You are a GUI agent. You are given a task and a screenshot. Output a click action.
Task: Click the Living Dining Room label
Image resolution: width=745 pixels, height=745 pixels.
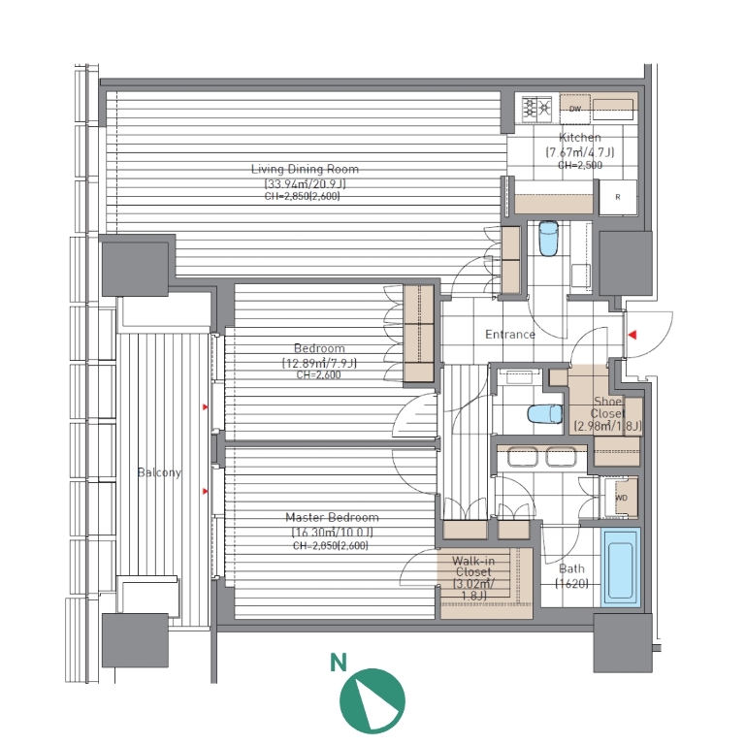point(305,169)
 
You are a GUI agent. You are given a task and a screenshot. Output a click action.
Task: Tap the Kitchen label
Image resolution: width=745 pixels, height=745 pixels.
point(580,138)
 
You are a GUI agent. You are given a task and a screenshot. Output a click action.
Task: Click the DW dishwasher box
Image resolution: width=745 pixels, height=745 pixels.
point(575,109)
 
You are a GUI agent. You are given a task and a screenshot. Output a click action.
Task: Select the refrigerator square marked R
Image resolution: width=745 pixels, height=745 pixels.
point(618,197)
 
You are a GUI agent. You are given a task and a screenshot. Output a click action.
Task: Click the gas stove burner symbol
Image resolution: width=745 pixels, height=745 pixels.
point(536,109)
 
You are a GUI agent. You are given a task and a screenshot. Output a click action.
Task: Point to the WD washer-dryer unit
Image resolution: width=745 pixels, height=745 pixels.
point(622,498)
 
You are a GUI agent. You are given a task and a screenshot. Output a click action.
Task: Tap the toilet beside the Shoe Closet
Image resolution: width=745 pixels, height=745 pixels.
point(544,413)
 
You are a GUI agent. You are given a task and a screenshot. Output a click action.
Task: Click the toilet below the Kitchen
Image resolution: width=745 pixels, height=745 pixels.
point(549,238)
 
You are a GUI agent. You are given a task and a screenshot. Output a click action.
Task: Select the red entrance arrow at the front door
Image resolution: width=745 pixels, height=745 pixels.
point(632,335)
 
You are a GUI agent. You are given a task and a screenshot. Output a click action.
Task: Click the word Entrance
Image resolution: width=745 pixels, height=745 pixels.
point(510,335)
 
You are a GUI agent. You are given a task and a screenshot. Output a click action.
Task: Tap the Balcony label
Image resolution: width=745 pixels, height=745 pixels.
point(159,472)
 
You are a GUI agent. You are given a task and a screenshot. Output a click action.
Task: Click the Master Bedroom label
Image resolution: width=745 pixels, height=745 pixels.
point(332,517)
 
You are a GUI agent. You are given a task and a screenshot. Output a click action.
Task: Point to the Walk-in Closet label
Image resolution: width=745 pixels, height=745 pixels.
point(473,567)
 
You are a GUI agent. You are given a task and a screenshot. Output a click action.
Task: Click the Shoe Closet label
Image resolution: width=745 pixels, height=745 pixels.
point(607,407)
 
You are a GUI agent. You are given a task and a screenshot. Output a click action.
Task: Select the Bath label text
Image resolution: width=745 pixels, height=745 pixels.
point(571,568)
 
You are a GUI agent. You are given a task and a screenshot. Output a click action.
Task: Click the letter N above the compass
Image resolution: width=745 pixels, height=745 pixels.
point(339,663)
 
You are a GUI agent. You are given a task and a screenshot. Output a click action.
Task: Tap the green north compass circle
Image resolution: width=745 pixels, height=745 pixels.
point(372,700)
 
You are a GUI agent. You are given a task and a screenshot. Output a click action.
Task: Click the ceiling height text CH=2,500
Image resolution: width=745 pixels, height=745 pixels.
point(580,165)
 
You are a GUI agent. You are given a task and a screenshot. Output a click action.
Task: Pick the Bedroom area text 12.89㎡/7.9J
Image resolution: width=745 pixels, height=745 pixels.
point(319,364)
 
